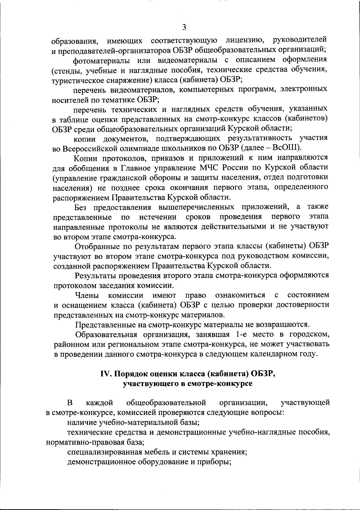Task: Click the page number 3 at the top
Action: (184, 27)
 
